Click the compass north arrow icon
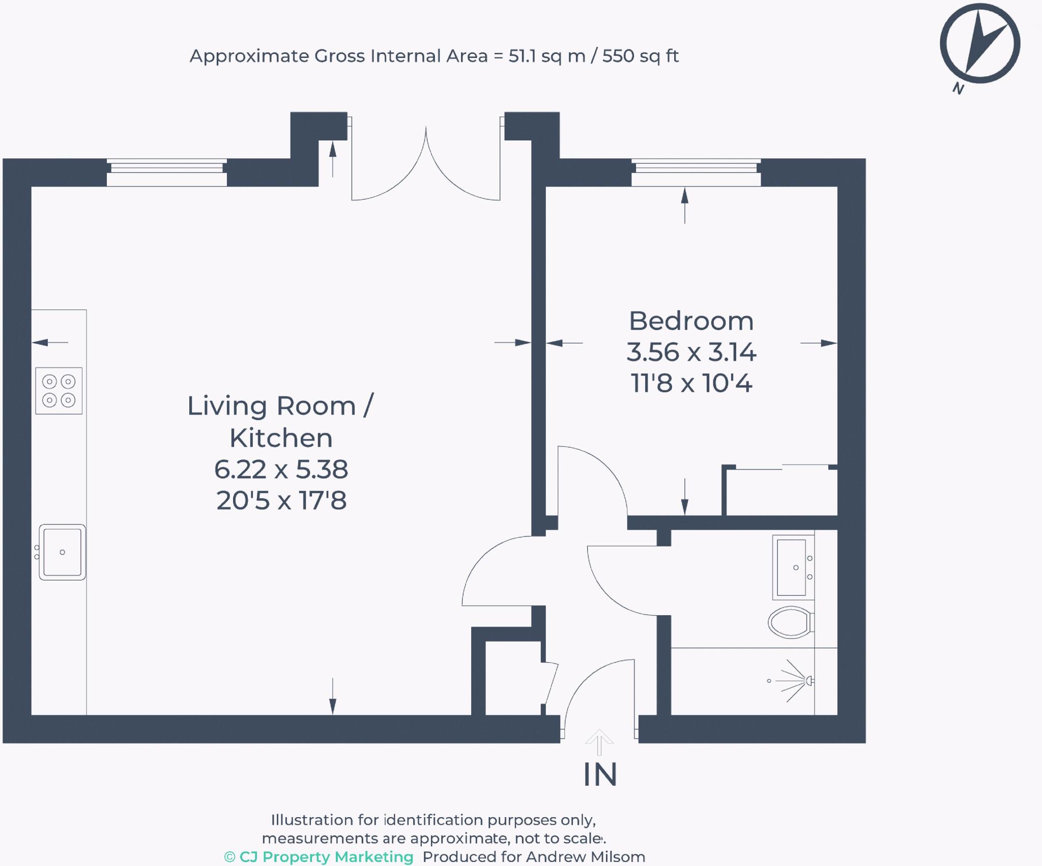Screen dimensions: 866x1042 (x=979, y=44)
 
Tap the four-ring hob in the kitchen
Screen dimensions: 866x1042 (x=59, y=390)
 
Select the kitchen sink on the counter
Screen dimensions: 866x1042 (x=62, y=552)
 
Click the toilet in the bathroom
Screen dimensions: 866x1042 (x=790, y=622)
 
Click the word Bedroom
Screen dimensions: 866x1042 (x=691, y=321)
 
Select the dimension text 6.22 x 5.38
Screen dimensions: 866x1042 (x=281, y=469)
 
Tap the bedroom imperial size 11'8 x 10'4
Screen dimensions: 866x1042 (x=691, y=383)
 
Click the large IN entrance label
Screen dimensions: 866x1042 (x=600, y=774)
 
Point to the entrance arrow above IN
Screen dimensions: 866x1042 (x=599, y=742)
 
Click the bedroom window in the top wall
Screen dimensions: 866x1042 (x=696, y=172)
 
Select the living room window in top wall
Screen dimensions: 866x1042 (x=166, y=172)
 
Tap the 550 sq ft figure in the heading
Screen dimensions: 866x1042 (x=640, y=56)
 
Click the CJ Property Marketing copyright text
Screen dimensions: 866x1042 (x=319, y=857)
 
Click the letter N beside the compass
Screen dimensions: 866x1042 (x=958, y=89)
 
